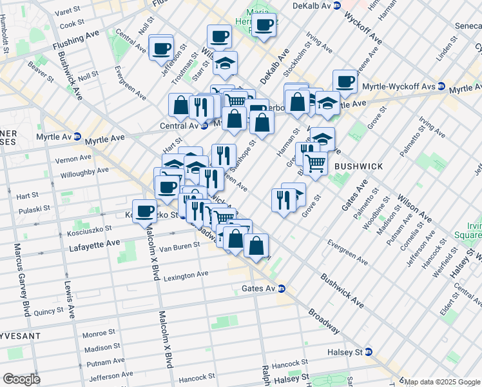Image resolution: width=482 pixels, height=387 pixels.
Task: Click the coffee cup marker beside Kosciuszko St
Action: (146, 211)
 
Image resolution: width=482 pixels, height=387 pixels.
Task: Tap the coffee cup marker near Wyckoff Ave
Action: (345, 82)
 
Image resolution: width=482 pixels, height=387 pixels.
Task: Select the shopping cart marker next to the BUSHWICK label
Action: (316, 163)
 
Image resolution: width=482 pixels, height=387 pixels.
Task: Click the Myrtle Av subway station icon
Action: (77, 136)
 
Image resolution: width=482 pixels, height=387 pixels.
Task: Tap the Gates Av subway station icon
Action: (282, 288)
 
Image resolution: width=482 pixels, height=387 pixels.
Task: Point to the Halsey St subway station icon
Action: (369, 352)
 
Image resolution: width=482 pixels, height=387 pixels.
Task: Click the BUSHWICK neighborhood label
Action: (358, 166)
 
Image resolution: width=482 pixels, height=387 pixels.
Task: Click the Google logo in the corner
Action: (21, 379)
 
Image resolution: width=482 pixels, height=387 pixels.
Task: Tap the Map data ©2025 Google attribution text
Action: (442, 381)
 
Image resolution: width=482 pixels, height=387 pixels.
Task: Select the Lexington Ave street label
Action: (186, 275)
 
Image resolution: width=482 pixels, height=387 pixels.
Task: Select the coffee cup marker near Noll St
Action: (161, 48)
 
